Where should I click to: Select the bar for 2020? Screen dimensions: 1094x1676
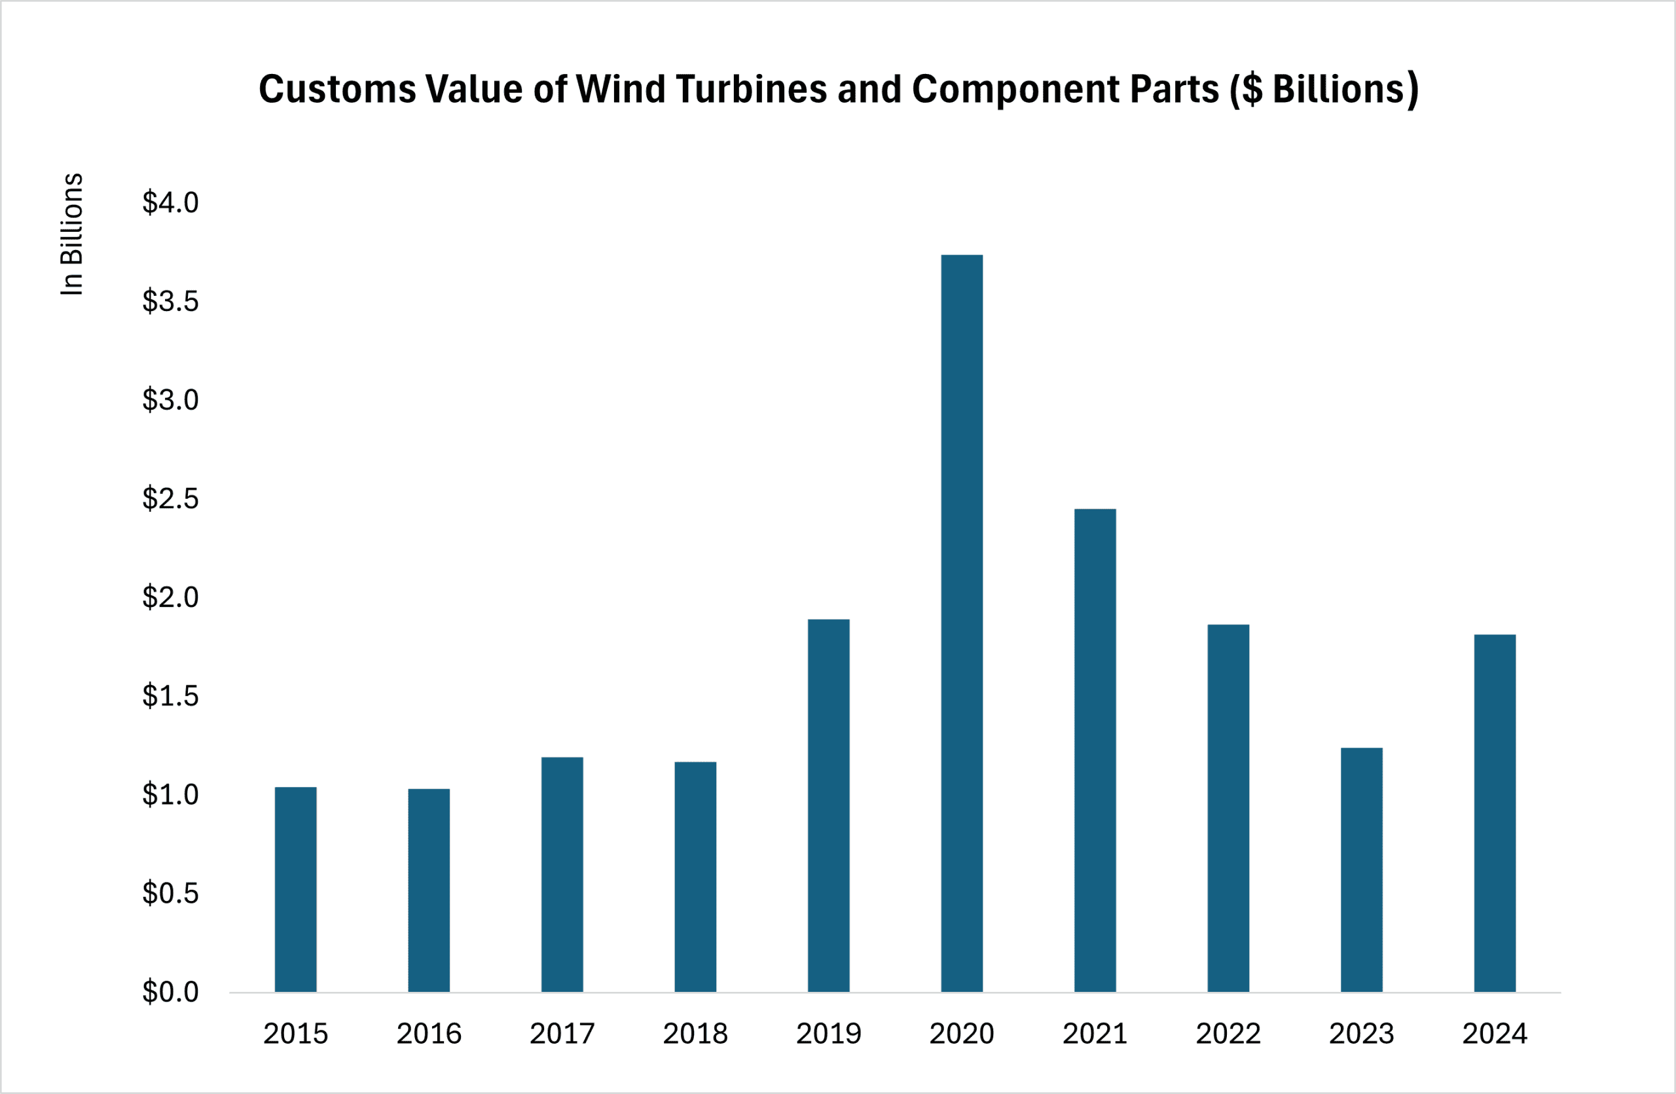961,624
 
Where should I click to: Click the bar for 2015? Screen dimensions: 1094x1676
296,889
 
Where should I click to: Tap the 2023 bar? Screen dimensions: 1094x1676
1361,869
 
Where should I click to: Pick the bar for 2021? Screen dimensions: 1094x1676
1095,750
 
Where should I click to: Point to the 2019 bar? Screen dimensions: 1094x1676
828,805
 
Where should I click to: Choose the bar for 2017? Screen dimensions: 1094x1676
562,875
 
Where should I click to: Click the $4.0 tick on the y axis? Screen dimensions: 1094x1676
170,203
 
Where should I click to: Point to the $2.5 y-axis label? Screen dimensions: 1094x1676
170,498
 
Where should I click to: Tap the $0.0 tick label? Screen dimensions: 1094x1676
170,992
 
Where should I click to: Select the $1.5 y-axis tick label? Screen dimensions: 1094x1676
170,695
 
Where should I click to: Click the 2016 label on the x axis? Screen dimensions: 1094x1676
429,1034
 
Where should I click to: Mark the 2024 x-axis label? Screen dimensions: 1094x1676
1494,1034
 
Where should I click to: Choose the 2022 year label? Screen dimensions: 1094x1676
1228,1034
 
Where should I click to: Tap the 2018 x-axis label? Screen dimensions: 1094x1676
695,1034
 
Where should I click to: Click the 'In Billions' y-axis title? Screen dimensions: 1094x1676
72,234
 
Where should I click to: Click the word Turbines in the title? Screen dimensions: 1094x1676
751,90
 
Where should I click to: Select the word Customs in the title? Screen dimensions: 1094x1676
337,90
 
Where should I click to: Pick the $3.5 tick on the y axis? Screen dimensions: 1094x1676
170,301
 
